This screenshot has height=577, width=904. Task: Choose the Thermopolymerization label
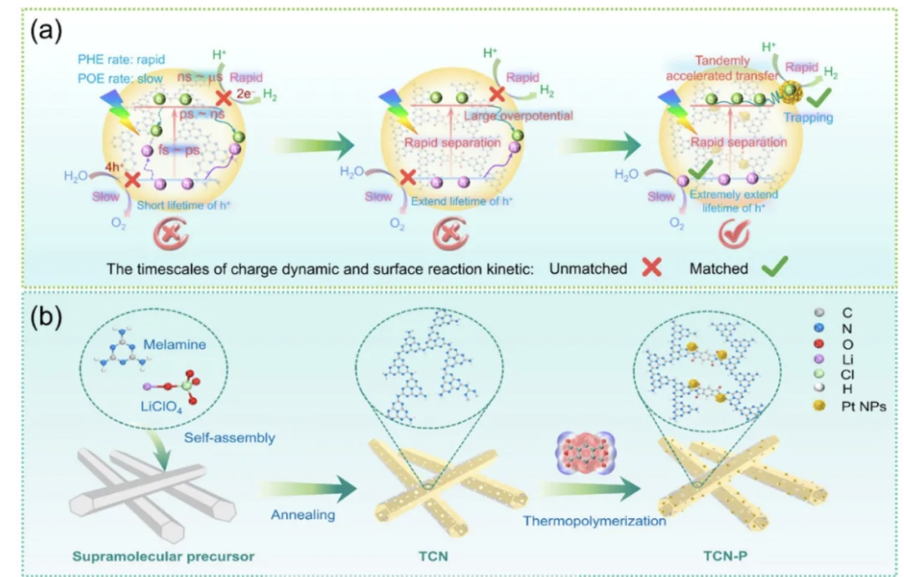[594, 521]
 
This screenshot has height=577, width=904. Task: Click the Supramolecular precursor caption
[167, 555]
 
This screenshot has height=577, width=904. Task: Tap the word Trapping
[808, 118]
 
